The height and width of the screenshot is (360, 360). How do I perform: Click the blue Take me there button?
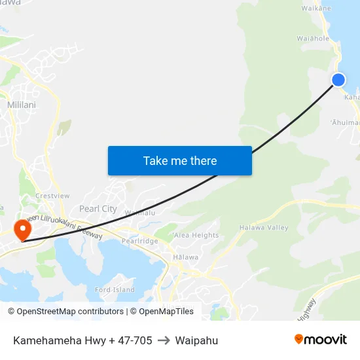coord(180,160)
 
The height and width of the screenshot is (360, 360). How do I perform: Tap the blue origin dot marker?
coord(338,80)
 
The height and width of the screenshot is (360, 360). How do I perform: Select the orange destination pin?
coord(22,229)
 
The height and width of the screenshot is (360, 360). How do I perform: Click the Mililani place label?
coord(22,105)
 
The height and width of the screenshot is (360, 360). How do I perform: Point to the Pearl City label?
coord(98,209)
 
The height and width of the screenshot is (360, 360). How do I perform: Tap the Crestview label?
coord(52,196)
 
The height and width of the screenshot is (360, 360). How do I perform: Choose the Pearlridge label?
coord(139,241)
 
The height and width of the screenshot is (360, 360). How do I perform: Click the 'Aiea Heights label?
coord(196,236)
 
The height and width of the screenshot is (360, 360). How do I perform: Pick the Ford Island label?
coord(115,289)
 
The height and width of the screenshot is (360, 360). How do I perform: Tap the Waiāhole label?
coord(313,39)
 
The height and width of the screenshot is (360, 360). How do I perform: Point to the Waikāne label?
coord(316,9)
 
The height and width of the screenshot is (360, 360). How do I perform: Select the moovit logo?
coord(321,339)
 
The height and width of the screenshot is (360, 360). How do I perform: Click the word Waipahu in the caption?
coord(196,340)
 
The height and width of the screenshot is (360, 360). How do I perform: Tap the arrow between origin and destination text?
coord(164,340)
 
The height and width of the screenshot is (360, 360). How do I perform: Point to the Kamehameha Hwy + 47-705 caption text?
coord(82,340)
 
